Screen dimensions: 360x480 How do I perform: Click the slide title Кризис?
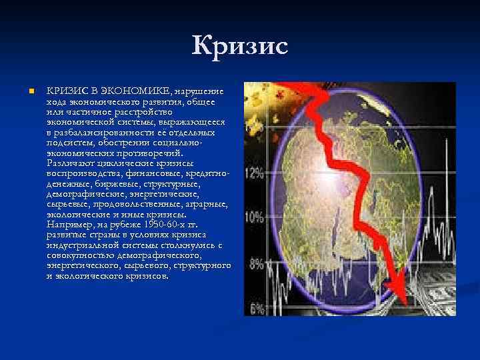pyautogui.click(x=239, y=47)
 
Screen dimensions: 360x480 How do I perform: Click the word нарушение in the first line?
pyautogui.click(x=200, y=91)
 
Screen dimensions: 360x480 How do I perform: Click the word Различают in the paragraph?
pyautogui.click(x=72, y=161)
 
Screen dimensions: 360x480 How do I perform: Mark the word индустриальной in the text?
pyautogui.click(x=83, y=245)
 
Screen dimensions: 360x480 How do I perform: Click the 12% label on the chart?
pyautogui.click(x=255, y=173)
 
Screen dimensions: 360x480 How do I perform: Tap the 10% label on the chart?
pyautogui.click(x=255, y=217)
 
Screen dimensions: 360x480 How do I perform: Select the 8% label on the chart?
pyautogui.click(x=256, y=263)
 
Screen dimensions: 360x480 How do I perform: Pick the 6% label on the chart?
pyautogui.click(x=256, y=307)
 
